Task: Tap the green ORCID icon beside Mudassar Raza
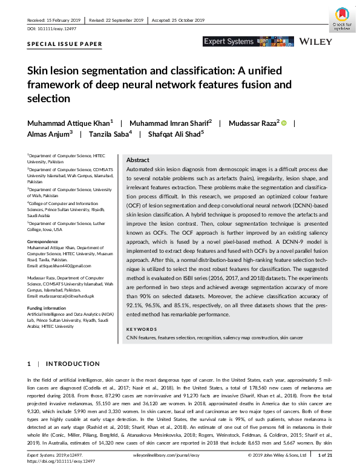coord(283,123)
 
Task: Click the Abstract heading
coord(138,160)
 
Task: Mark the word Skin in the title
coord(37,71)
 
